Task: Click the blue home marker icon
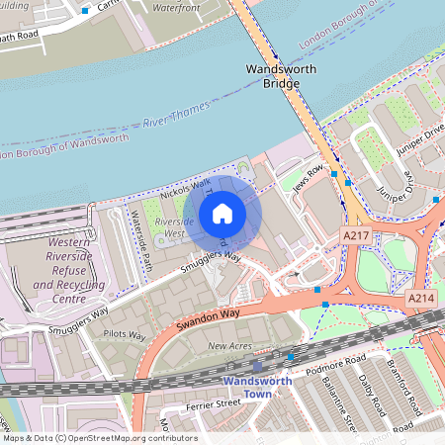222,214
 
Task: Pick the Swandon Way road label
210,319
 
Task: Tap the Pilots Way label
125,335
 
